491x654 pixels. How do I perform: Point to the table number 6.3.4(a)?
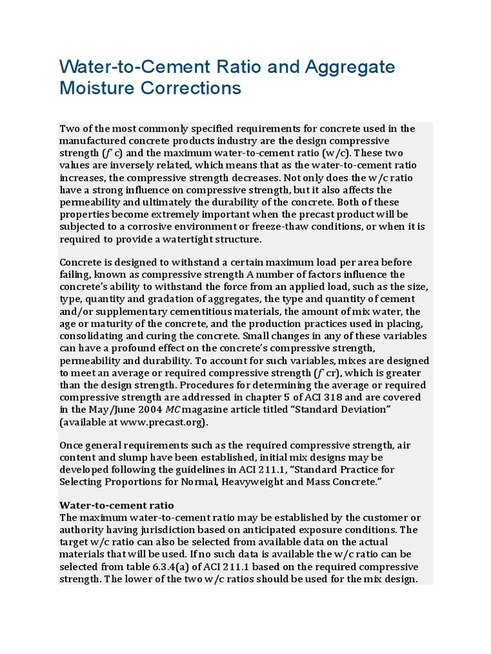(x=178, y=567)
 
